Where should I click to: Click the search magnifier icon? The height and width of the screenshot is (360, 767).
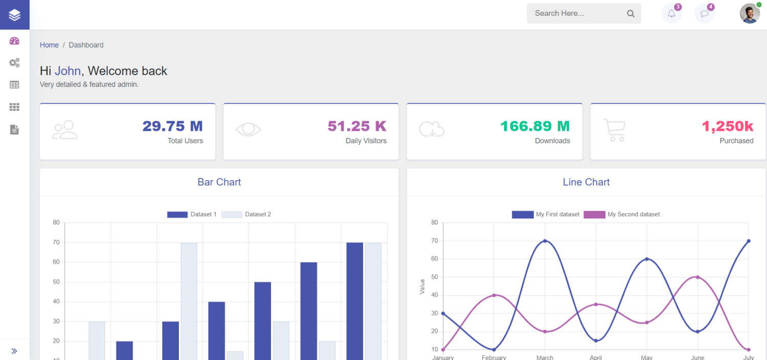(630, 14)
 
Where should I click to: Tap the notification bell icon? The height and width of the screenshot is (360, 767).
(671, 14)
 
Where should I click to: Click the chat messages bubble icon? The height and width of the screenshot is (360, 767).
(704, 14)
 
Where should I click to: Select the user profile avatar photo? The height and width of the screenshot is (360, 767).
(750, 14)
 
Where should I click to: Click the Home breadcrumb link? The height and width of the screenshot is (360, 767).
(49, 45)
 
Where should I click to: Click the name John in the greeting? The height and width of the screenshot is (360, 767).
(67, 71)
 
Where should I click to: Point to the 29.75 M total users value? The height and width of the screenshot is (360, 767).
(172, 126)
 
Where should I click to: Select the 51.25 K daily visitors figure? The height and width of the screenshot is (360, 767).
(357, 126)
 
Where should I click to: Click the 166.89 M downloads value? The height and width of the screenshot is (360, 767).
(535, 126)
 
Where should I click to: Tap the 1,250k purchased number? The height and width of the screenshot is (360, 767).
(727, 126)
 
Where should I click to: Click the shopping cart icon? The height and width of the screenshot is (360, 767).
(614, 130)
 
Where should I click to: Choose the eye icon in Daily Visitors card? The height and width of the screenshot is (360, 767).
(248, 129)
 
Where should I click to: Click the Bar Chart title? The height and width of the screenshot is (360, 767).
(219, 182)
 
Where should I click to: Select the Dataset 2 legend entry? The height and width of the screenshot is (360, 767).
(246, 214)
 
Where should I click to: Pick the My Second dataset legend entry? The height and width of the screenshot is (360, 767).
(622, 214)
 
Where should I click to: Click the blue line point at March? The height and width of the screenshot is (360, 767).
(545, 241)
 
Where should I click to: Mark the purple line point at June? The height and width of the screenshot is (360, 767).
(697, 277)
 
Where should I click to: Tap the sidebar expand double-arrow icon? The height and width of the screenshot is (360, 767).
(14, 351)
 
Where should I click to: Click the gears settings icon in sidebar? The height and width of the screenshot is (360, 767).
(14, 63)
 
